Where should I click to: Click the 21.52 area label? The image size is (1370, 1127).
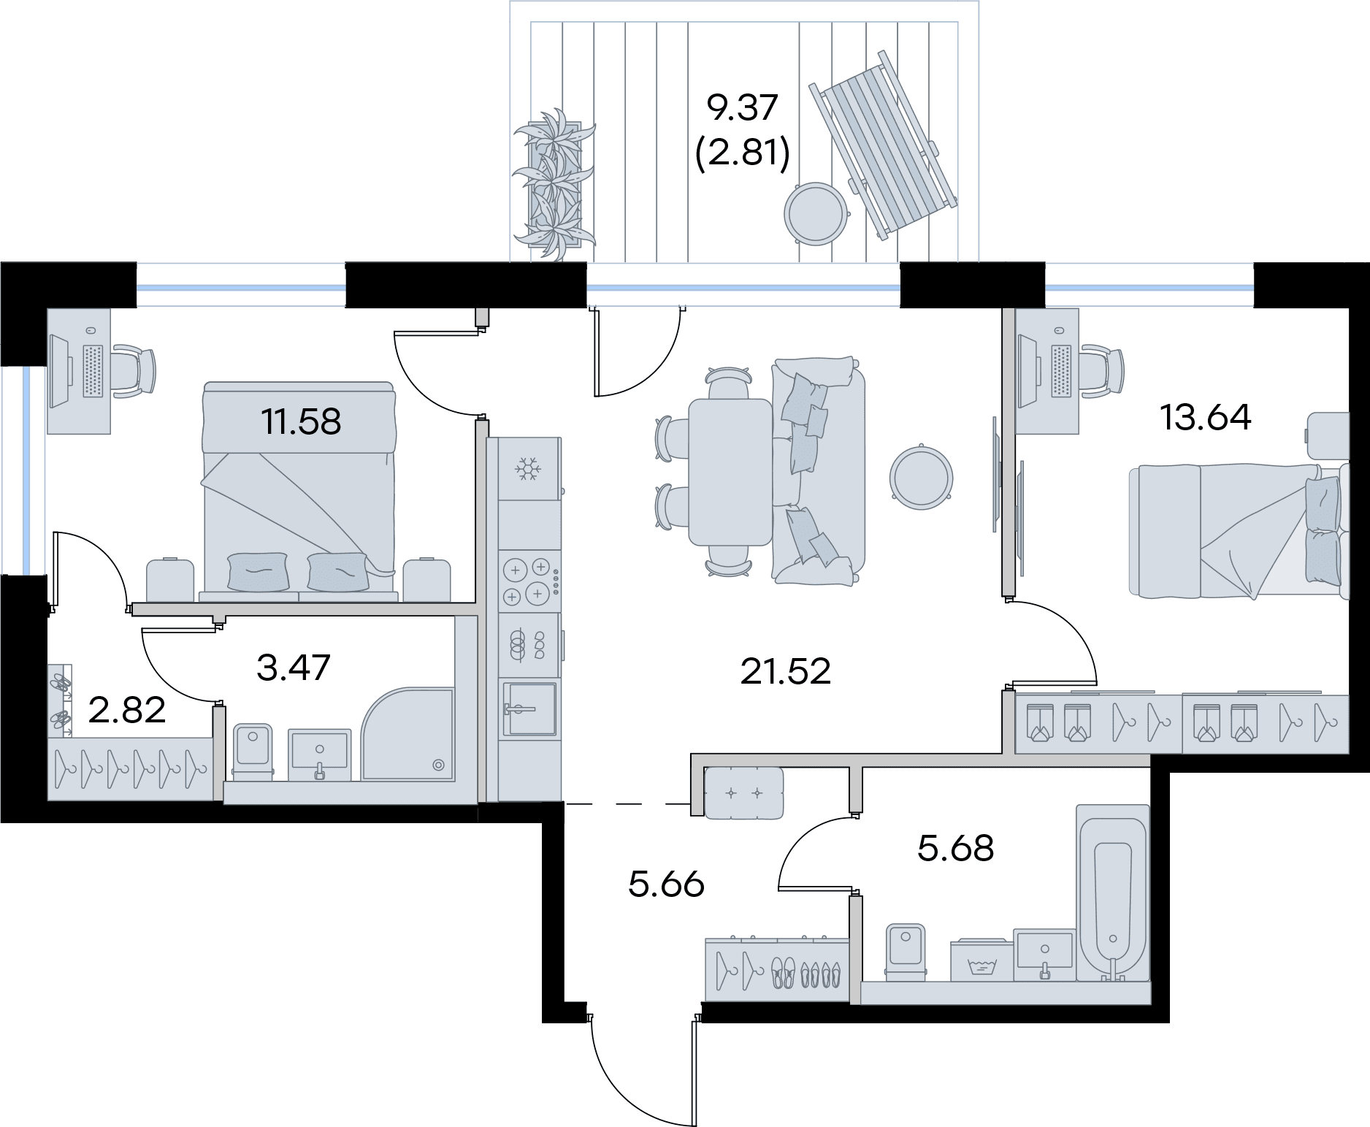pyautogui.click(x=785, y=671)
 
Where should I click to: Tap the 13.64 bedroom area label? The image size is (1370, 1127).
pyautogui.click(x=1205, y=417)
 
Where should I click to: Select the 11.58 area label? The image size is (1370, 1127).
pyautogui.click(x=301, y=421)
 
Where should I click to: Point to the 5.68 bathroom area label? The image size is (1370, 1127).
pyautogui.click(x=955, y=849)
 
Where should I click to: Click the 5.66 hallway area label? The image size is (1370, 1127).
pyautogui.click(x=666, y=885)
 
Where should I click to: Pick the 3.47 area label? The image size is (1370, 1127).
pyautogui.click(x=294, y=668)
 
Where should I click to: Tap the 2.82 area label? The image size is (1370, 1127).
pyautogui.click(x=126, y=709)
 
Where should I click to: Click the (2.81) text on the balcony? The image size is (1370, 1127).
pyautogui.click(x=743, y=155)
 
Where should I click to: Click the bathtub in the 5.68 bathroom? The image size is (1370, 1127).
pyautogui.click(x=1113, y=893)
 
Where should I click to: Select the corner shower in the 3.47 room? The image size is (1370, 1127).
pyautogui.click(x=408, y=735)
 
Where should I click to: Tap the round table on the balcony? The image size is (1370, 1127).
pyautogui.click(x=817, y=214)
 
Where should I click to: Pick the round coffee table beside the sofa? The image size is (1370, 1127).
pyautogui.click(x=921, y=475)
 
